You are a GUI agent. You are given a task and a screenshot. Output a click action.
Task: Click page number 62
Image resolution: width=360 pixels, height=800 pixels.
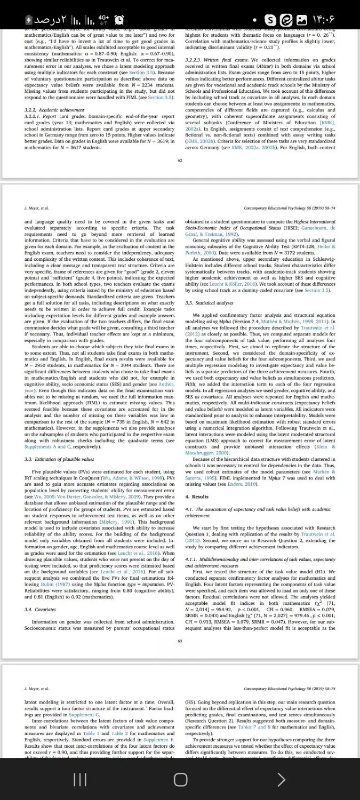point(180,160)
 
